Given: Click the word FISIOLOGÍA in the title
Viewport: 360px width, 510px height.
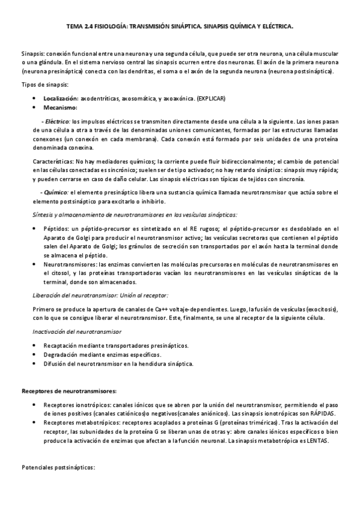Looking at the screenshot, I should coord(113,27).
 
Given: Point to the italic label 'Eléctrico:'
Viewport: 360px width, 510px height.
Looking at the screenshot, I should coord(58,121).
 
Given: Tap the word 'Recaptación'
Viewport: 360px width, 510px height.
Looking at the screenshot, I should coord(63,345).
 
